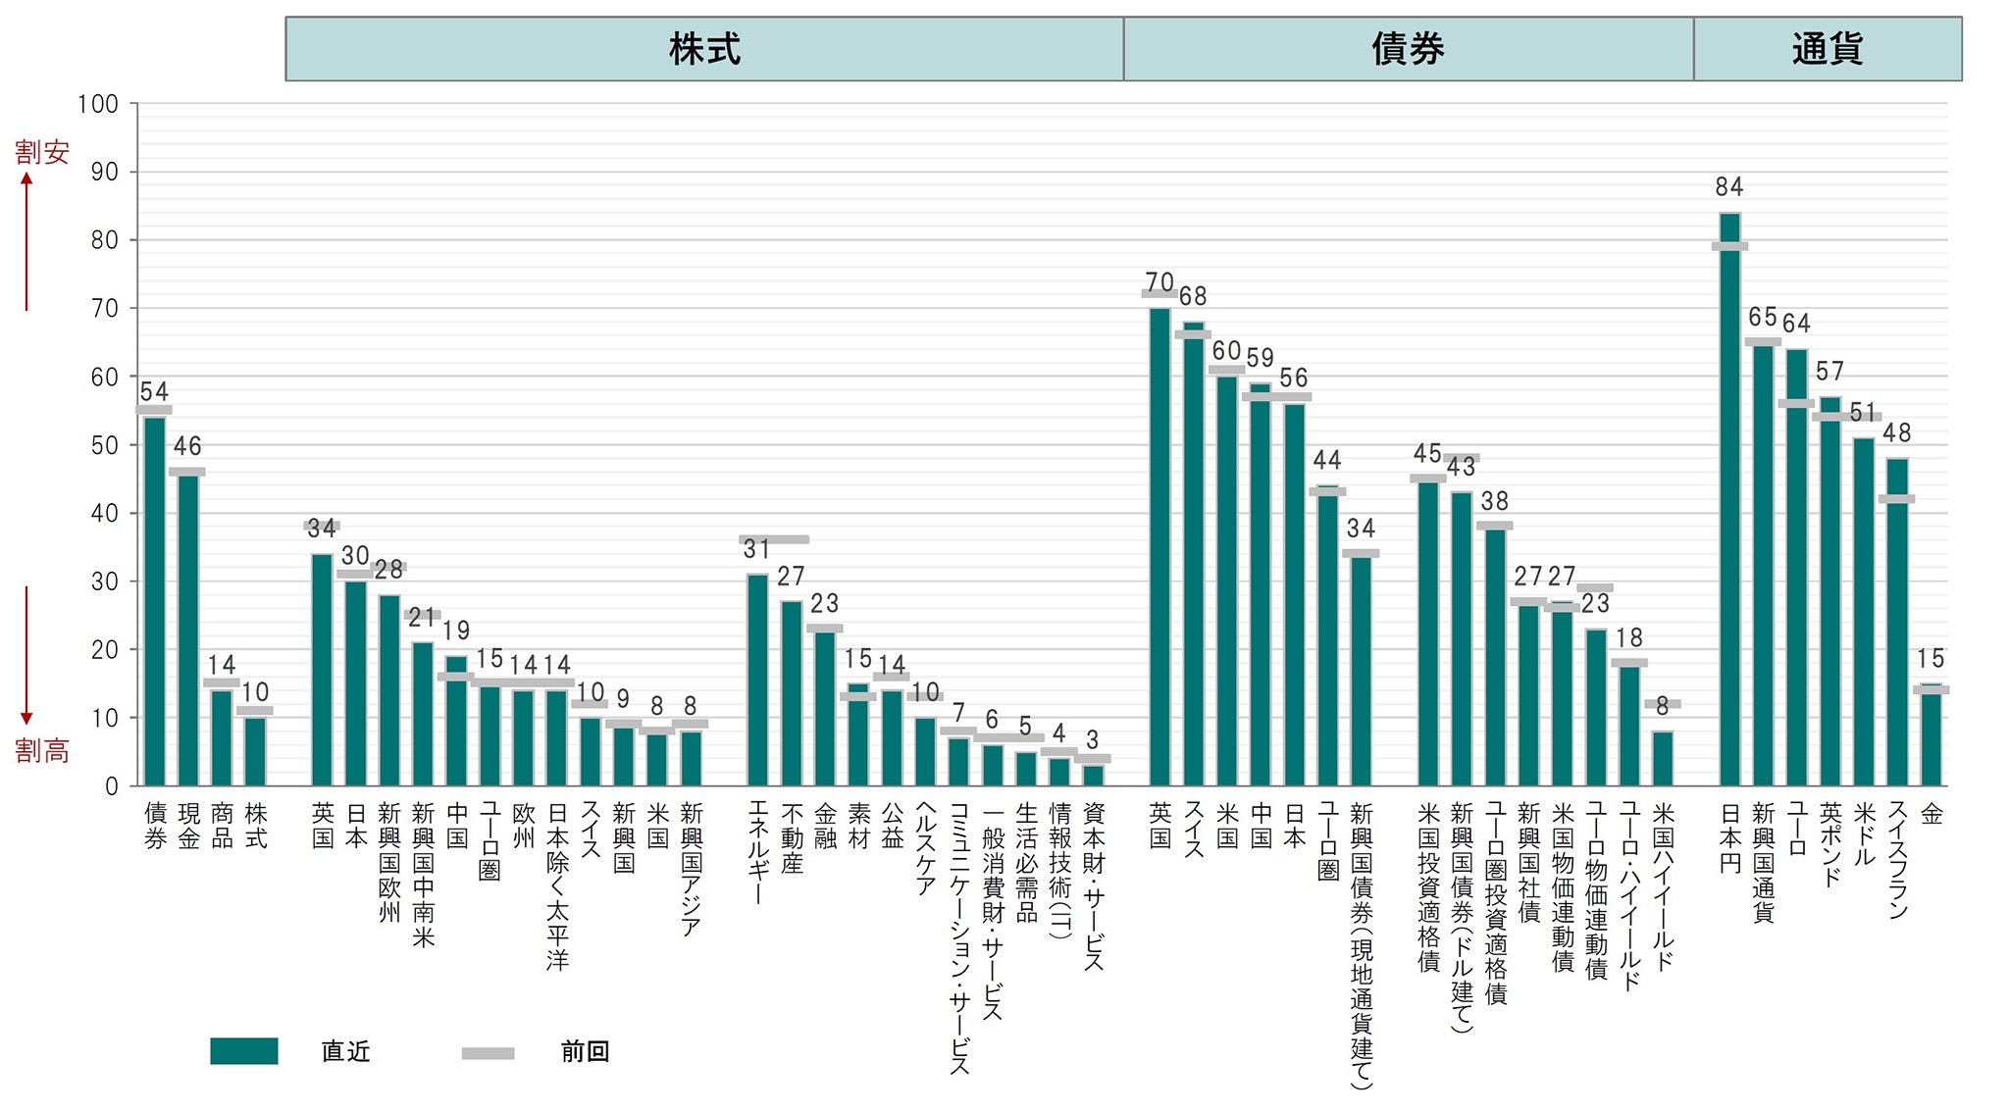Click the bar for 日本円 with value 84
click(1729, 500)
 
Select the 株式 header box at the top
click(704, 49)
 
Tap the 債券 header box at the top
click(1408, 49)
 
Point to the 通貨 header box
click(1827, 49)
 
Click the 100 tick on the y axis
click(97, 104)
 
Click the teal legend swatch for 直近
click(243, 1051)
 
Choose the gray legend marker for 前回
click(488, 1053)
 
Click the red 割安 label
click(42, 152)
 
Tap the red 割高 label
click(42, 751)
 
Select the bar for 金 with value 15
click(1931, 735)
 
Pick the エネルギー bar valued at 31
click(757, 681)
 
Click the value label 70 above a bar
click(1159, 282)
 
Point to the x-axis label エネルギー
click(757, 852)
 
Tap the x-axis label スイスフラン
click(1897, 860)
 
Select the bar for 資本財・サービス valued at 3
click(1092, 775)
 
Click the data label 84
click(1729, 186)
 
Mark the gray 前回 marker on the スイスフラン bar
click(1896, 499)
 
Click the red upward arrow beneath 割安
click(26, 240)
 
